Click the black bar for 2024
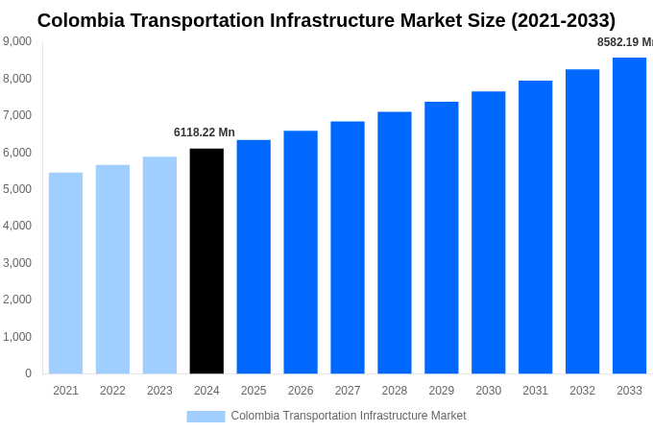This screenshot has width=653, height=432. [x=206, y=261]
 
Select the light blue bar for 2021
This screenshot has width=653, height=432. [x=65, y=274]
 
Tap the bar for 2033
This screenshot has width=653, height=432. [x=629, y=216]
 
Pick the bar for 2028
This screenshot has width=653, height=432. [x=394, y=243]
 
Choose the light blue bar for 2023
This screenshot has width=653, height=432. [x=159, y=265]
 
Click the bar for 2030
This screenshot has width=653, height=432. [x=488, y=232]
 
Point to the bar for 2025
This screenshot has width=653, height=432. [x=254, y=257]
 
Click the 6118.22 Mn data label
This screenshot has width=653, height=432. [x=204, y=132]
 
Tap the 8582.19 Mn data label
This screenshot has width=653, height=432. [x=624, y=42]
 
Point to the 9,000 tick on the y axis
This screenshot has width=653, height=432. [x=17, y=41]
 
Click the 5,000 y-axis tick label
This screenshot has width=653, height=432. [x=17, y=189]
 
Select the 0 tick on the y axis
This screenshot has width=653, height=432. [x=28, y=373]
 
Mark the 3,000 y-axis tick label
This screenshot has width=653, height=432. [x=17, y=263]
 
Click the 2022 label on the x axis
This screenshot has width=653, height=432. [x=112, y=391]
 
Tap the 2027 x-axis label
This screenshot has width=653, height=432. [x=348, y=391]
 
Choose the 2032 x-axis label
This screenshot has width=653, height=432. [x=582, y=391]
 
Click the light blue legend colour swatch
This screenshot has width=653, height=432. [x=206, y=417]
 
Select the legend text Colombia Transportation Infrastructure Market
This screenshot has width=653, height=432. [x=348, y=416]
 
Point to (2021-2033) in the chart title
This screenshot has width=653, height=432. [x=563, y=20]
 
